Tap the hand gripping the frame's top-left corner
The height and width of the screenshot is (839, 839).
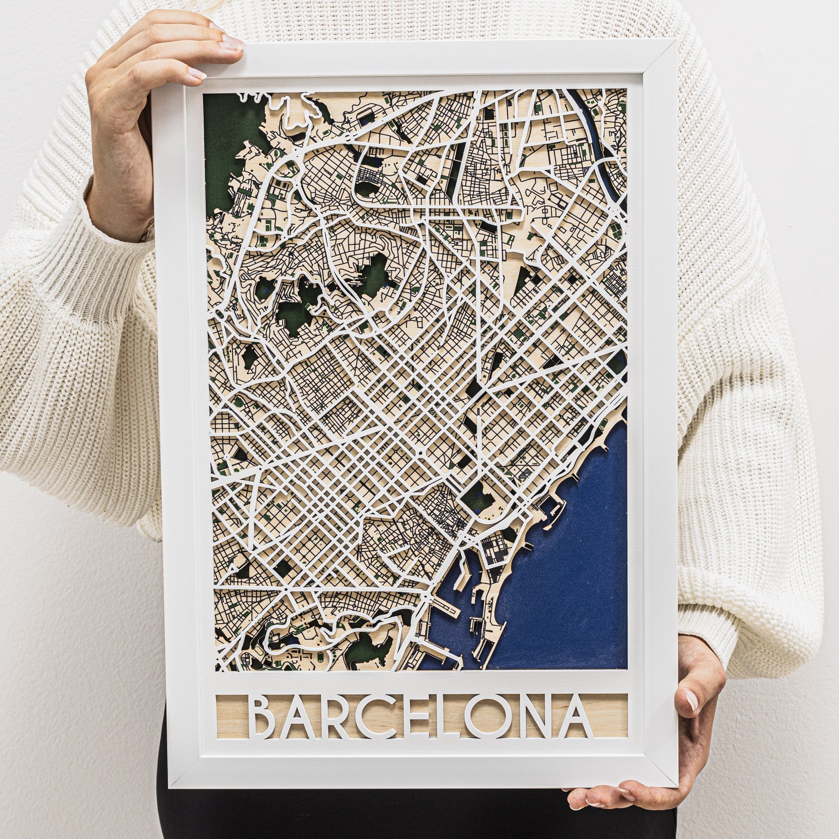pos(143,87)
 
